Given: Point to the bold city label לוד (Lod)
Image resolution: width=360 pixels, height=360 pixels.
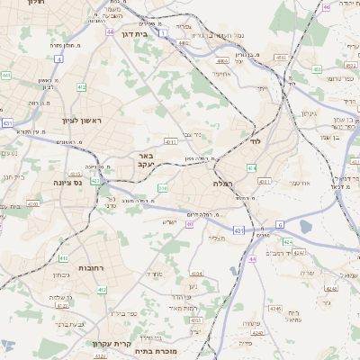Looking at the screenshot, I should pyautogui.click(x=256, y=142).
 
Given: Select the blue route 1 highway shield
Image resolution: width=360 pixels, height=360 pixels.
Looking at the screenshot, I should pyautogui.click(x=164, y=33).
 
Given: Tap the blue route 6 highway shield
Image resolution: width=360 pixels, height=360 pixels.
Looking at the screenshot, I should pyautogui.click(x=280, y=224).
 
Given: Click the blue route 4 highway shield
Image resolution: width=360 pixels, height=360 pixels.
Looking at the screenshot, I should pyautogui.click(x=58, y=58).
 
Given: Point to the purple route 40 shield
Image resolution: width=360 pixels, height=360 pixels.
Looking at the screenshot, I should pyautogui.click(x=190, y=224).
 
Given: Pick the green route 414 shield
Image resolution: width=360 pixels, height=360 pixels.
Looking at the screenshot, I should pyautogui.click(x=251, y=168).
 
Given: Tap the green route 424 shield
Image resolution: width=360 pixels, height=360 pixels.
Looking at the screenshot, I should pyautogui.click(x=287, y=241).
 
